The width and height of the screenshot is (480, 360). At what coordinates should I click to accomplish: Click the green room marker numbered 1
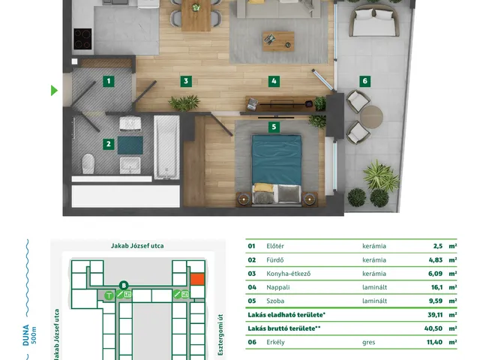(x=108, y=81)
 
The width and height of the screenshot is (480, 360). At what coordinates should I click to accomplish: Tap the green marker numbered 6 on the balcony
(x=364, y=81)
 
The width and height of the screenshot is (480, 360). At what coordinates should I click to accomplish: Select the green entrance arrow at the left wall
(x=54, y=90)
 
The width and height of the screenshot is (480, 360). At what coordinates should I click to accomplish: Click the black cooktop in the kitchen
(x=82, y=39)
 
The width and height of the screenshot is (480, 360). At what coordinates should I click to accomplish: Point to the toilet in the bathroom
(x=88, y=163)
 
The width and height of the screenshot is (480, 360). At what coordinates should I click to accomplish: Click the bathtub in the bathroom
(x=166, y=147)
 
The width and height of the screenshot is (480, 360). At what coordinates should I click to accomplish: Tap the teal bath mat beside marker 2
(x=130, y=145)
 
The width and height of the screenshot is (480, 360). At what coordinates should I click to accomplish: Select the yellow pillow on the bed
(x=264, y=187)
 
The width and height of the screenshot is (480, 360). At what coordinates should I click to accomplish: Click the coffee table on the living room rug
(x=278, y=41)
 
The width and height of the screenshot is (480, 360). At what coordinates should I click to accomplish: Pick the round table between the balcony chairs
(x=371, y=117)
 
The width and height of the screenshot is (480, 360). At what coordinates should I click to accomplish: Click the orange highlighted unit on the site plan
(x=197, y=280)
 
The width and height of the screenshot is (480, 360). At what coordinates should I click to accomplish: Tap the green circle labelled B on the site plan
(x=124, y=286)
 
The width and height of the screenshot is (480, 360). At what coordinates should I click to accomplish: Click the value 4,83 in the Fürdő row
(x=435, y=260)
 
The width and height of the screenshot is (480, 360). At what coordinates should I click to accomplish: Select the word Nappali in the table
(x=278, y=287)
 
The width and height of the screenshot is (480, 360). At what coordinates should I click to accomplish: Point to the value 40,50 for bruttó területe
(x=433, y=328)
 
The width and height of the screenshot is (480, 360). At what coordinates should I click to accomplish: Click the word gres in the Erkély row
(x=368, y=342)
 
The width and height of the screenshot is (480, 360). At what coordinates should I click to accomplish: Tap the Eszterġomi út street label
(x=220, y=335)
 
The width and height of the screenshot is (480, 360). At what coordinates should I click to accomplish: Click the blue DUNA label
(x=26, y=335)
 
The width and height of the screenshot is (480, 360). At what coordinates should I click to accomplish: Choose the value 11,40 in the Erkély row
(x=434, y=342)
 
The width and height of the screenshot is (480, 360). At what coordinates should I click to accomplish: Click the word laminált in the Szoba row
(x=375, y=301)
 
